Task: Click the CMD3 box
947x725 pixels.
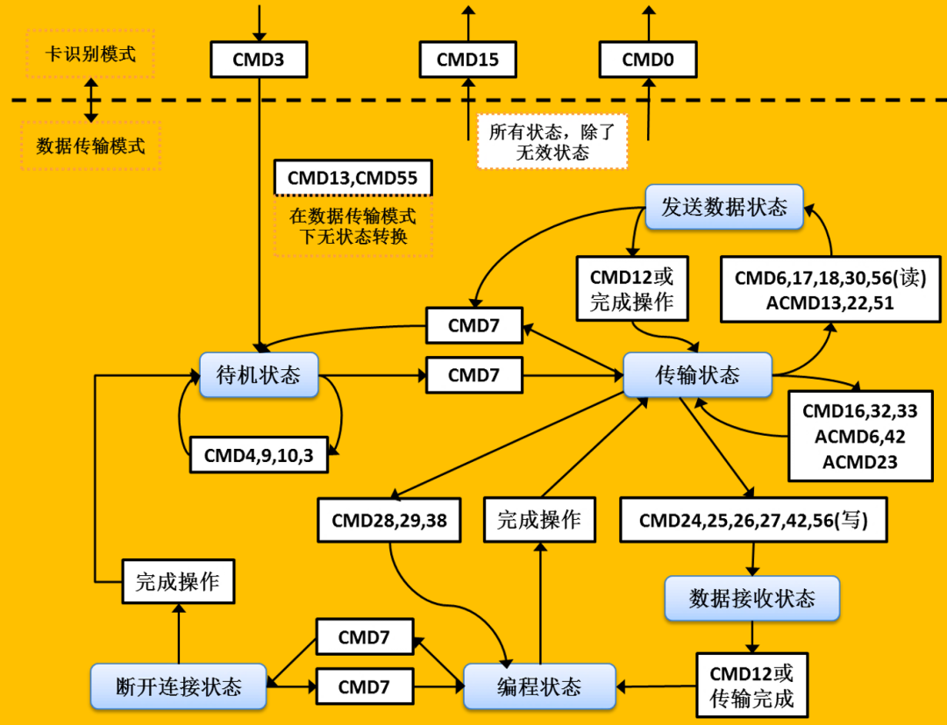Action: [258, 60]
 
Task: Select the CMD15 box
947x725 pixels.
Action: [467, 60]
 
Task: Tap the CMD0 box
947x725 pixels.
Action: [648, 60]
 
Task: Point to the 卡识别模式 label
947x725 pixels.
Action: [90, 53]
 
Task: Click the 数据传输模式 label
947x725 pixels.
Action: [90, 146]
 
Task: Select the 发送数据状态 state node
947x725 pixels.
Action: [724, 207]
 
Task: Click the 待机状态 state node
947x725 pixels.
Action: [259, 375]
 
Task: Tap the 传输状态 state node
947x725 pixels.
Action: [697, 375]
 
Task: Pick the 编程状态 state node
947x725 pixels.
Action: [539, 686]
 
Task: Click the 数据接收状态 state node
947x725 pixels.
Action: [751, 598]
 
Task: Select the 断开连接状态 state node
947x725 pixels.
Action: [179, 686]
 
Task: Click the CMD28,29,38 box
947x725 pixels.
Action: [389, 520]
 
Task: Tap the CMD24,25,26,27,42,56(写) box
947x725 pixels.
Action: [753, 520]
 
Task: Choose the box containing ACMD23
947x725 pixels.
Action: [860, 437]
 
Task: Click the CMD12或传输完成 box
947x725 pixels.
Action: [751, 686]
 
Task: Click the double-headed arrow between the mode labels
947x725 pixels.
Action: [90, 99]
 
